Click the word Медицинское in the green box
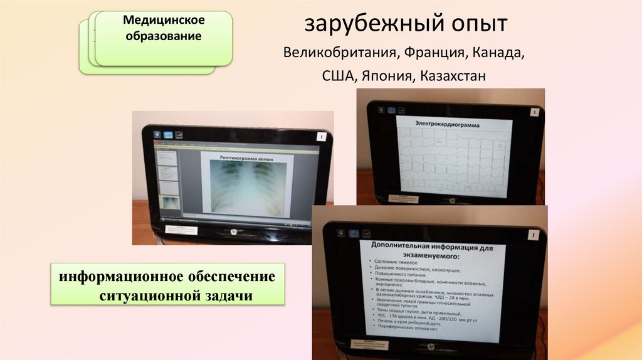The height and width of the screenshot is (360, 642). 164,21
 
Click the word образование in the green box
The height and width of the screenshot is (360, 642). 164,36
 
